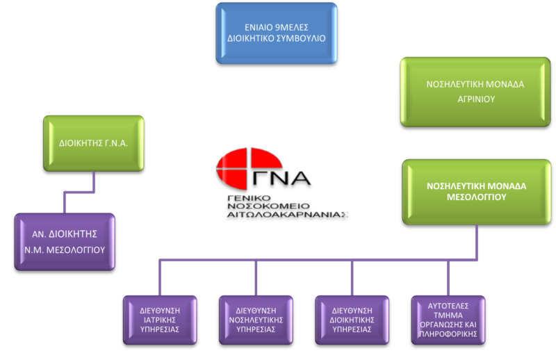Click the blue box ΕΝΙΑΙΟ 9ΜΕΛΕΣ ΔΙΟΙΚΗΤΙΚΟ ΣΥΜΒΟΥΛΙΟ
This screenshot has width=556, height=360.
(x=276, y=33)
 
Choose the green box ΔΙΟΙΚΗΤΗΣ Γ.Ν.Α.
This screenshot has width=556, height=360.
(x=93, y=143)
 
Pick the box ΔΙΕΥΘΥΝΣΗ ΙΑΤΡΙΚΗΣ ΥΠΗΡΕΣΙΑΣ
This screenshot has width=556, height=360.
(x=159, y=320)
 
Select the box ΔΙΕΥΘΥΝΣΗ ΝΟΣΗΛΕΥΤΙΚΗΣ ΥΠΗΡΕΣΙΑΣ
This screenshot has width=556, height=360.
(x=256, y=320)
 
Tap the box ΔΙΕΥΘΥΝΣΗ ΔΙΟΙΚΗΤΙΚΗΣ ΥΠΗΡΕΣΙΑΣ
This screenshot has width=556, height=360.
(x=352, y=320)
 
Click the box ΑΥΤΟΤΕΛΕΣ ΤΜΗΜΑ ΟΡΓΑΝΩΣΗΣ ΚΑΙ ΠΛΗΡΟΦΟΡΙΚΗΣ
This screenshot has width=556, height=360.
(x=448, y=320)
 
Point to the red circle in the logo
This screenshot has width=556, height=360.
(x=240, y=170)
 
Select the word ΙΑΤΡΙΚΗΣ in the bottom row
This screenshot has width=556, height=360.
(x=160, y=320)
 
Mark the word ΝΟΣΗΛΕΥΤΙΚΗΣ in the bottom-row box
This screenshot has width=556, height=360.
(x=256, y=320)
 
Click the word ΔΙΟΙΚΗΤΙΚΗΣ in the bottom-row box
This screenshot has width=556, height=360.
(x=352, y=320)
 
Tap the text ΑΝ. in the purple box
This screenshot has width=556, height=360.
(x=34, y=235)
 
